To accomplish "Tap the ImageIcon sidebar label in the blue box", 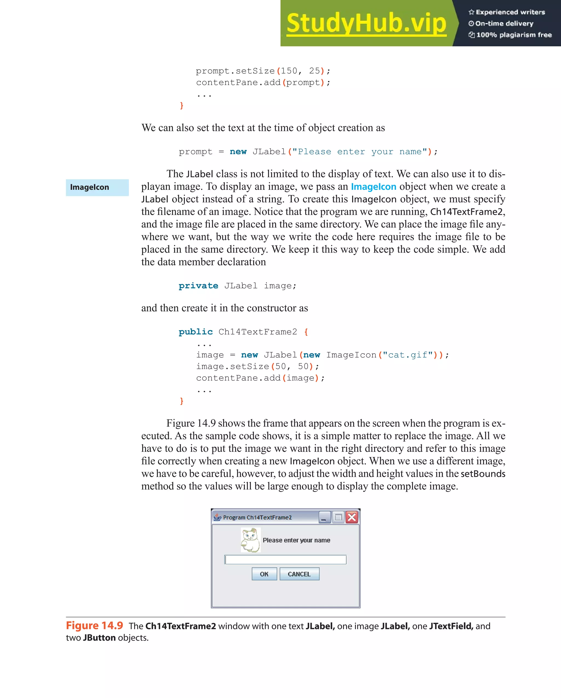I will click(x=90, y=187).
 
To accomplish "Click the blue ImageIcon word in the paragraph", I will click(x=373, y=187).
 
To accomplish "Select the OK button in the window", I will click(x=264, y=574).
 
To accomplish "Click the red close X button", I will click(x=352, y=517).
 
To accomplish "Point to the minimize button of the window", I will click(x=324, y=517).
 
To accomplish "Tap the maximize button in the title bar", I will click(x=338, y=517).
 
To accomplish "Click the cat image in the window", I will click(x=251, y=540).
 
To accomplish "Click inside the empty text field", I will click(x=285, y=559).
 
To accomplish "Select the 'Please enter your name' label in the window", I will click(x=296, y=540).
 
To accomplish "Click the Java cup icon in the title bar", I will click(x=217, y=517).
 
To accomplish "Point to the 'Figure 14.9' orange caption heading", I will click(x=95, y=626).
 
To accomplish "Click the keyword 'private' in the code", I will click(x=198, y=286).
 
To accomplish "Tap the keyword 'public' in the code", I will click(x=196, y=332).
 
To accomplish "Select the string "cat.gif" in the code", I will click(x=407, y=355).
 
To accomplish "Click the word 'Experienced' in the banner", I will click(x=492, y=12).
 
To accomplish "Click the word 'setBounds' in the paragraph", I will click(x=483, y=474).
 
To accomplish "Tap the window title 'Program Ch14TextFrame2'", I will click(x=257, y=517).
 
